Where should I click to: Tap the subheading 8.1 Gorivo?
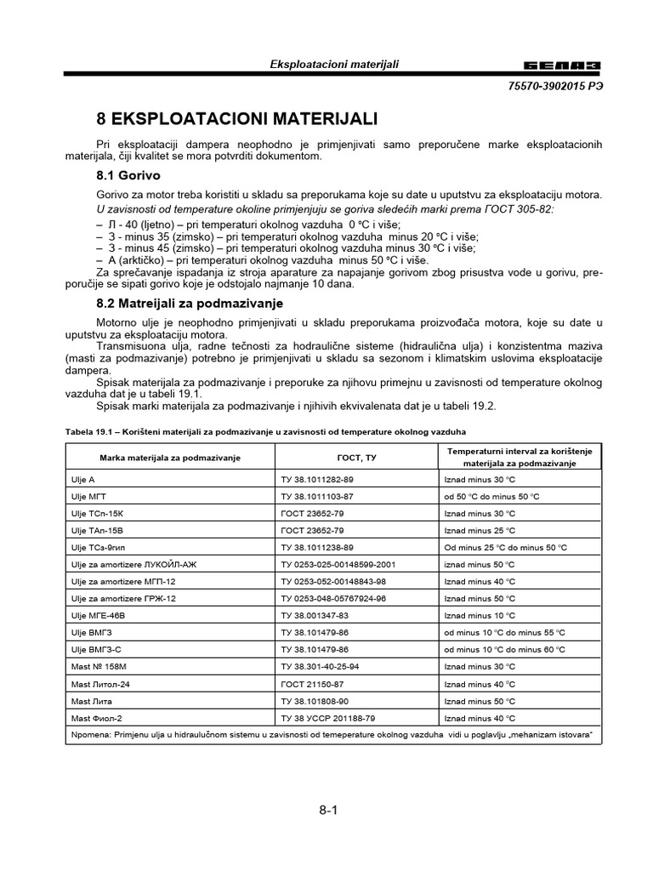point(128,175)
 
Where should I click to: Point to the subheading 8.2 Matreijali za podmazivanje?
point(190,303)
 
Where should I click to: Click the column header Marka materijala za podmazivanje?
point(170,458)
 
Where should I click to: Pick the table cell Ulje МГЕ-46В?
point(99,615)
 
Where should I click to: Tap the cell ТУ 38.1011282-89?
point(317,481)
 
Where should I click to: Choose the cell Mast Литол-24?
point(99,683)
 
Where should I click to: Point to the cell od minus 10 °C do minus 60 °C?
point(504,649)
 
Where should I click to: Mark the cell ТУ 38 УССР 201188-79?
point(328,717)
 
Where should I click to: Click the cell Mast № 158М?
point(99,666)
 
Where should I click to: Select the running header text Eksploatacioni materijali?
point(334,65)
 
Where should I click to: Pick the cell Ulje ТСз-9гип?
point(99,548)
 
